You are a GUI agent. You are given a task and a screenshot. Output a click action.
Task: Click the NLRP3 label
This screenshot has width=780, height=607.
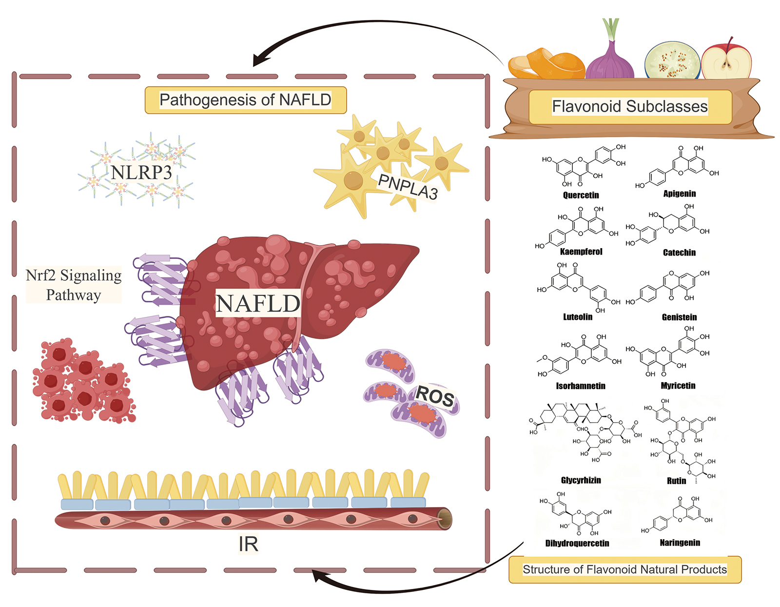(141, 173)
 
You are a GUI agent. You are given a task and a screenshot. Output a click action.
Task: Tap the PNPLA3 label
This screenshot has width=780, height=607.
(408, 187)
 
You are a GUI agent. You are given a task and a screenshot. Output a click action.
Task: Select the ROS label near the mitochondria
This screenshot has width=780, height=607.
(435, 396)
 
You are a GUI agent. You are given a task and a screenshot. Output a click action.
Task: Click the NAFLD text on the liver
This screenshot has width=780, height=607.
(258, 304)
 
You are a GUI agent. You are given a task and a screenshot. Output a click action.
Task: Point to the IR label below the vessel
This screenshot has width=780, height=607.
(248, 544)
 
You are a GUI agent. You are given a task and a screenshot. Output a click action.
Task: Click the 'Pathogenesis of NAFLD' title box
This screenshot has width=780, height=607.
(245, 100)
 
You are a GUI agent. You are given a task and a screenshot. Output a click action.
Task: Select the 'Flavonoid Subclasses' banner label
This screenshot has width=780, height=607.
(629, 106)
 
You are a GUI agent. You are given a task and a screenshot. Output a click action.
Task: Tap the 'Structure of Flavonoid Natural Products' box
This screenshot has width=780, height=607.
(624, 569)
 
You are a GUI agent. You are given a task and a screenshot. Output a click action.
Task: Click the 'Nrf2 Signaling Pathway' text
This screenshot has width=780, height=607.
(74, 285)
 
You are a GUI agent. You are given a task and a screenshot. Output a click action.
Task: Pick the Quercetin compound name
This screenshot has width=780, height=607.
(581, 196)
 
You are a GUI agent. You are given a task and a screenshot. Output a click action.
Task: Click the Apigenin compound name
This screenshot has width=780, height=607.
(679, 194)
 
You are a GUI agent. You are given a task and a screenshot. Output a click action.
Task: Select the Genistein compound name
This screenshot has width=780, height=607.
(679, 317)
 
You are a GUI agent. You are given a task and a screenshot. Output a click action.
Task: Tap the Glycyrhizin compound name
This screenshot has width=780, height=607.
(581, 480)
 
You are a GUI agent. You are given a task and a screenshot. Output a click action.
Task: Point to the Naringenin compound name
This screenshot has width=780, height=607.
(680, 543)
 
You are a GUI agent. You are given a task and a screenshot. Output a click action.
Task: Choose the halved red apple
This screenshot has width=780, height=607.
(726, 59)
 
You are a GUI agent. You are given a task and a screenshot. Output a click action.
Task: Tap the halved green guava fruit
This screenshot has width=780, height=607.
(672, 61)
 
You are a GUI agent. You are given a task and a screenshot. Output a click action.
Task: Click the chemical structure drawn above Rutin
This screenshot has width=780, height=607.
(681, 439)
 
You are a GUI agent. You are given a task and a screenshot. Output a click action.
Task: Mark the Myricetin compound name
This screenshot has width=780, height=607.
(678, 386)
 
